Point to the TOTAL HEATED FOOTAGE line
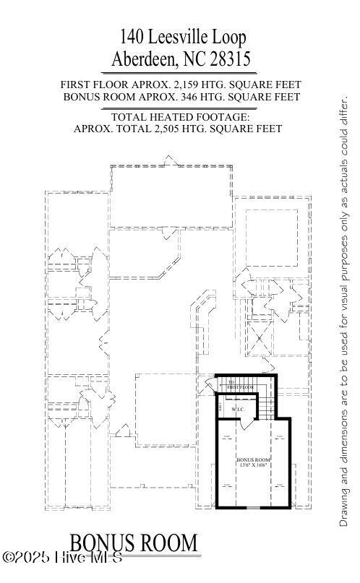(x=179, y=117)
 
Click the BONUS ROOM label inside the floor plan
(x=253, y=459)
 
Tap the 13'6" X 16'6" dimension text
(x=253, y=466)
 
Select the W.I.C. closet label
(x=239, y=410)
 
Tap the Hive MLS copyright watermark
(x=61, y=558)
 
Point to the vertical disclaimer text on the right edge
(x=344, y=311)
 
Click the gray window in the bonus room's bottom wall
(x=253, y=508)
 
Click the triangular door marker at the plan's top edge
(x=168, y=160)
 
